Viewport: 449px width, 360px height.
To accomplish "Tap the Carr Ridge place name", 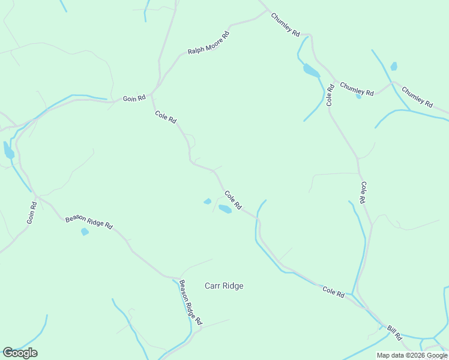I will click(224, 286).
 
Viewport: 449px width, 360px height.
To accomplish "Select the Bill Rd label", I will click(394, 332).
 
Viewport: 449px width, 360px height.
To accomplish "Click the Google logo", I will click(20, 353).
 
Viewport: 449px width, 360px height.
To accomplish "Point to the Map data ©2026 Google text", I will click(412, 355).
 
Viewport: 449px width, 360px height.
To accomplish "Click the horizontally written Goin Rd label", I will click(134, 98).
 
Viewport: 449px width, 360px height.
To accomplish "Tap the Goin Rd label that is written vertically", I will click(32, 213).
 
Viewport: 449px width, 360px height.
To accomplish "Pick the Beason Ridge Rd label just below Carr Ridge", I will click(190, 302).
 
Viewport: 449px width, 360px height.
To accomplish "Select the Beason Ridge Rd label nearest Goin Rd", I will click(89, 223).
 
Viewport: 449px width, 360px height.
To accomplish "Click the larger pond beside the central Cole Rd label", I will click(225, 209).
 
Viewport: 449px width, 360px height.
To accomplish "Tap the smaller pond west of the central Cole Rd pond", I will click(208, 201).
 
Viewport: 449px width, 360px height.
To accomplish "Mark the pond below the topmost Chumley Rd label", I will click(311, 71).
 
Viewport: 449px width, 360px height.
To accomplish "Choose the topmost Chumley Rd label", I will click(285, 26).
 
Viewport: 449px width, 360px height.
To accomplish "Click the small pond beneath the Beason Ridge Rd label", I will click(85, 232).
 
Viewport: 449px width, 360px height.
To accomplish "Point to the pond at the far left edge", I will click(8, 150).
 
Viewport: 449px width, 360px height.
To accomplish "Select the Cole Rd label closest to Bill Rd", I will click(333, 292).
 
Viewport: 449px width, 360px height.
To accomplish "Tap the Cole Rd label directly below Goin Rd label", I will click(166, 117).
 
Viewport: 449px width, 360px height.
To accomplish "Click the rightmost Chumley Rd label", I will click(417, 98).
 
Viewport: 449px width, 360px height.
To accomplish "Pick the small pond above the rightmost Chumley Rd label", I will click(394, 66).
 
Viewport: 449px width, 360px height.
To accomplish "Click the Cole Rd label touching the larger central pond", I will click(233, 200).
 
